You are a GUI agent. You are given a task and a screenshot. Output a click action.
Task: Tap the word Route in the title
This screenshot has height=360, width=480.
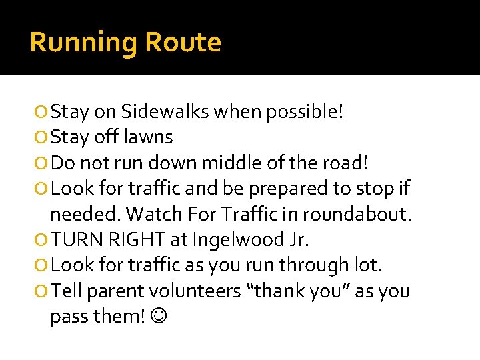tap(183, 43)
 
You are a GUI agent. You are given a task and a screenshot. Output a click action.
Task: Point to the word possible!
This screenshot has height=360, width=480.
tap(305, 111)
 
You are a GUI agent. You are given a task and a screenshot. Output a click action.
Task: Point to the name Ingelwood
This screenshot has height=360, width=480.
tap(221, 240)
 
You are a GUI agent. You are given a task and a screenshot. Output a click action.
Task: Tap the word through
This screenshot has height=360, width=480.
tap(313, 266)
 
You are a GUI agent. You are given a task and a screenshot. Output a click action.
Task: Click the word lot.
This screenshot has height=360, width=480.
tap(369, 266)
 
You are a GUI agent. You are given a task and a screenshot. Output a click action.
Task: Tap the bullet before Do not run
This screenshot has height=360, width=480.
tap(41, 163)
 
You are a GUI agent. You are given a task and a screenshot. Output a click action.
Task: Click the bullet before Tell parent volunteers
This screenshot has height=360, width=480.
tap(41, 292)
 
